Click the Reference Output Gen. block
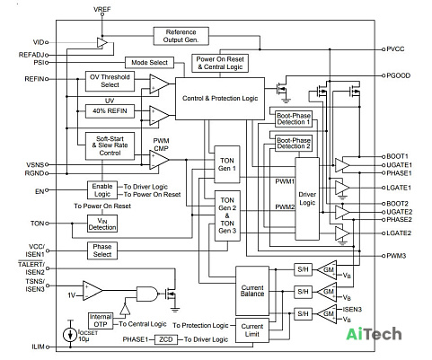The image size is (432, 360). (181, 36)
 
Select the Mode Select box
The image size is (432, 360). (149, 63)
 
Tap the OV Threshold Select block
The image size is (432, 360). (110, 81)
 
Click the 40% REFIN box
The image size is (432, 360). (110, 111)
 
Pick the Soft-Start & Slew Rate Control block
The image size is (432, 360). (110, 146)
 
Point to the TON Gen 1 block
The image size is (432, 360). (227, 164)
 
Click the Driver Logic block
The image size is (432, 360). (307, 198)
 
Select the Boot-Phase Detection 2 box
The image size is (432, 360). (294, 144)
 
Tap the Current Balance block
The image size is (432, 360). (252, 291)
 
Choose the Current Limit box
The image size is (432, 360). (252, 330)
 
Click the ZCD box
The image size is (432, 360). (166, 339)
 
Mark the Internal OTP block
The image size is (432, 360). (101, 320)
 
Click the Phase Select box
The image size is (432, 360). (102, 250)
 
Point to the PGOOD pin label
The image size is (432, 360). (398, 75)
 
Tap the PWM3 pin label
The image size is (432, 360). (396, 256)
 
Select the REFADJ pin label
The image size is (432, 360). (31, 55)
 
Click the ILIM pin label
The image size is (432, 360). (39, 347)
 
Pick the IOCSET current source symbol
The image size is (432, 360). (70, 335)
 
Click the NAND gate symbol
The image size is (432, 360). (147, 294)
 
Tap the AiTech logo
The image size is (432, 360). (374, 334)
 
